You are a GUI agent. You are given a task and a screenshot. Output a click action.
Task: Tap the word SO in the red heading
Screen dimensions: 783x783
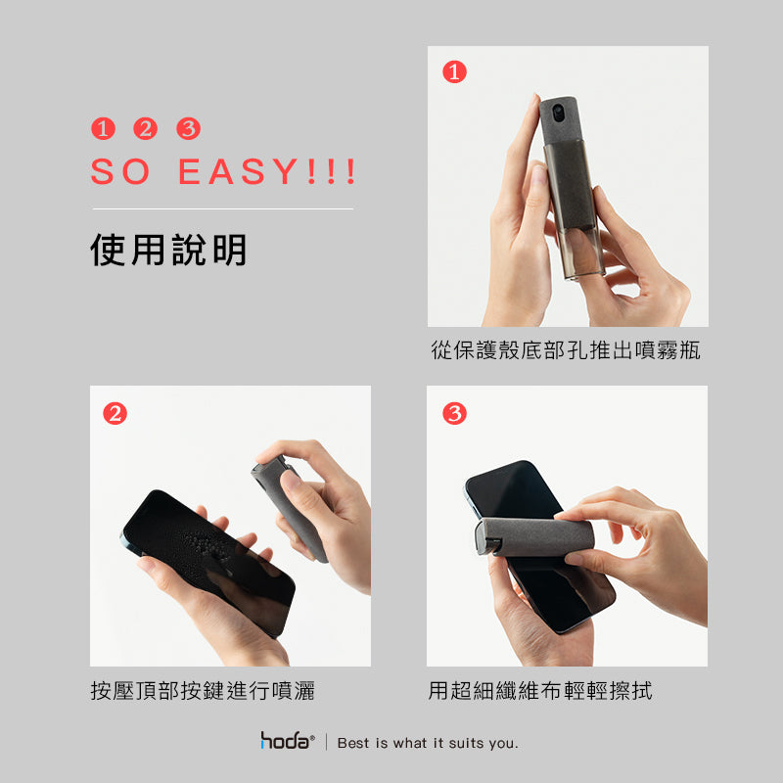[119, 171]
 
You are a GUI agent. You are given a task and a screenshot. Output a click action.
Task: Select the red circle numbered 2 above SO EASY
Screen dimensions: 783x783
[145, 128]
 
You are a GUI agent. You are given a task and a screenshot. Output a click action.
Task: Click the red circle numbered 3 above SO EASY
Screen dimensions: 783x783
[188, 128]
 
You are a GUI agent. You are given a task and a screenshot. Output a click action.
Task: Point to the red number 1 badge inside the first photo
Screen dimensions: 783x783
[454, 71]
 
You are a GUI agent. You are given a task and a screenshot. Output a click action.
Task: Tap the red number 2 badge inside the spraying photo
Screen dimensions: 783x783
[115, 413]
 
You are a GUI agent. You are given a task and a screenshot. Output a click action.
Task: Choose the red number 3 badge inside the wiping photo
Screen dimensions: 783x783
[454, 413]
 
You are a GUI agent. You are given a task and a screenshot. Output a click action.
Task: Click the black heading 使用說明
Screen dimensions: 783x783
[168, 250]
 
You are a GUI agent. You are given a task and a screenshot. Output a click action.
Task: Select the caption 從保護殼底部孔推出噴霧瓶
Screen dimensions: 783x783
[566, 350]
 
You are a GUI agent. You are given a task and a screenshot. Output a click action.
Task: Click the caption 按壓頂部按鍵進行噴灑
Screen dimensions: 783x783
[203, 691]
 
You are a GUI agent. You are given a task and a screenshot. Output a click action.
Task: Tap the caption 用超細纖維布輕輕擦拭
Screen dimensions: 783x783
[540, 691]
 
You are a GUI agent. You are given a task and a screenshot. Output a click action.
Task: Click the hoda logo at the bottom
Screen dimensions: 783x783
[287, 740]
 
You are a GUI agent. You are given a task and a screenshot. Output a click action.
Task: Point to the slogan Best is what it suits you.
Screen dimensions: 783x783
[428, 743]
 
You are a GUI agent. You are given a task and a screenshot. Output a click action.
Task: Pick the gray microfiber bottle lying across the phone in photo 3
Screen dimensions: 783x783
[533, 536]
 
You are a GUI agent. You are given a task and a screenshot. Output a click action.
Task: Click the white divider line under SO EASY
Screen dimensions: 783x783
[223, 208]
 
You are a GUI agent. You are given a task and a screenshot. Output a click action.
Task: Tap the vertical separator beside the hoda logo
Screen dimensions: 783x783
[327, 742]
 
